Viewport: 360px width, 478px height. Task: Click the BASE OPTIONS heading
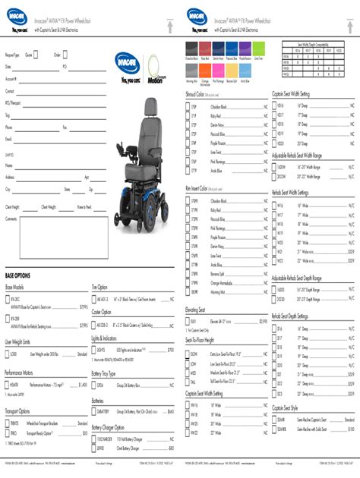click(x=18, y=275)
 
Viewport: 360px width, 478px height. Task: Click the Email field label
click(x=9, y=140)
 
